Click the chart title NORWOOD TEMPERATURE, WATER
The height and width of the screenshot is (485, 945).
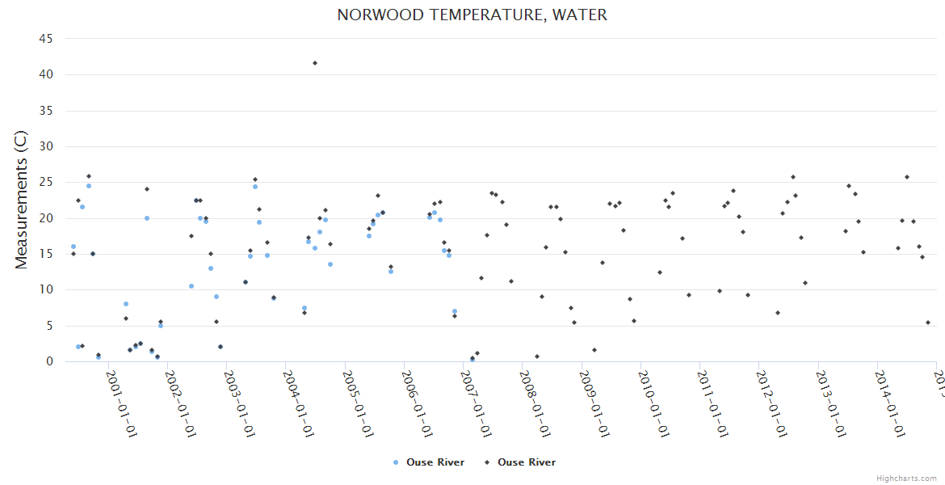click(472, 15)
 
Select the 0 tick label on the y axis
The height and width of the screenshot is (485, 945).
click(49, 361)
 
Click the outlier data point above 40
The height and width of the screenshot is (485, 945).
click(315, 63)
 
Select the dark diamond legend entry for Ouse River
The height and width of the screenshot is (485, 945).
click(519, 462)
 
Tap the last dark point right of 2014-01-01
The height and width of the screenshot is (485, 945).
click(928, 323)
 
